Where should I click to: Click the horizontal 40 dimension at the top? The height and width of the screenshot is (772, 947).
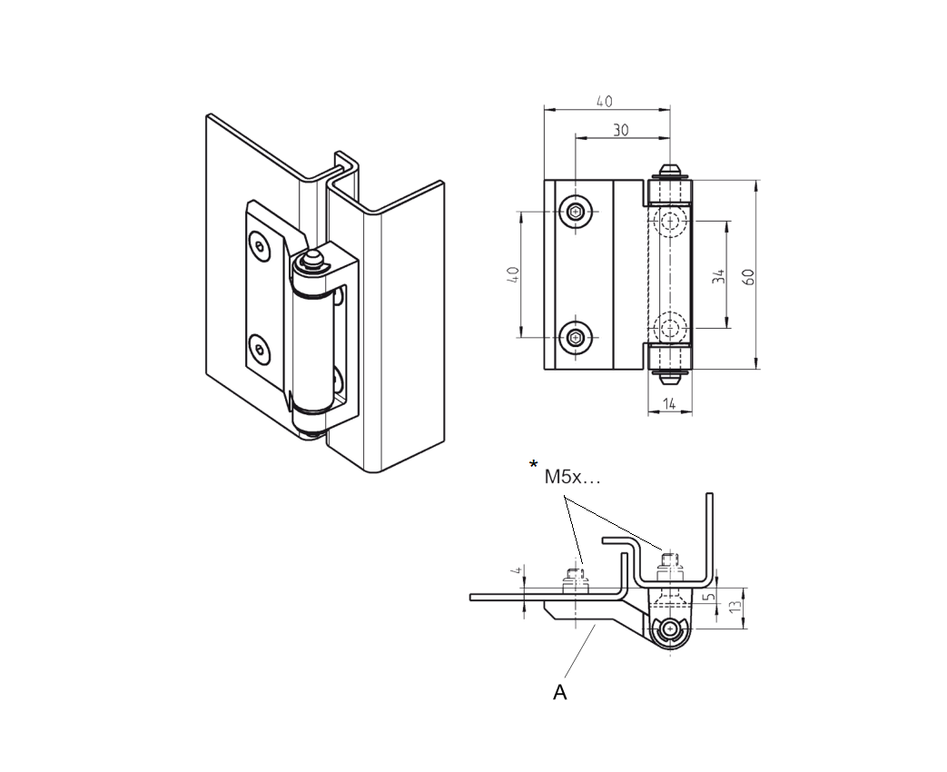(x=604, y=101)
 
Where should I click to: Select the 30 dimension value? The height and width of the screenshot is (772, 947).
(x=620, y=130)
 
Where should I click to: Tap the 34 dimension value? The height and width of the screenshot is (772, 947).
(x=718, y=277)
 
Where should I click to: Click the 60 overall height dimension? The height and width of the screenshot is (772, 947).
(x=749, y=276)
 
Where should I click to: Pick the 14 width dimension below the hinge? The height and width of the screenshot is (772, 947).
(x=669, y=404)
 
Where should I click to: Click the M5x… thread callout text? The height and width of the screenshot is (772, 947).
(x=572, y=476)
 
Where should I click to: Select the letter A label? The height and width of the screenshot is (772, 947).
(x=560, y=692)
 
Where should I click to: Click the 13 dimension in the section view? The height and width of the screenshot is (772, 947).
(x=736, y=607)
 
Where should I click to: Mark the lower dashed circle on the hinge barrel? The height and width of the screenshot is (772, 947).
(x=672, y=328)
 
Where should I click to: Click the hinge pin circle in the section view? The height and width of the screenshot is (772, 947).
(x=670, y=628)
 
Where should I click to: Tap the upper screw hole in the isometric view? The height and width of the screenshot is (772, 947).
(x=261, y=246)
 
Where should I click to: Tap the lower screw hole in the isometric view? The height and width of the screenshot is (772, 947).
(x=261, y=348)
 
